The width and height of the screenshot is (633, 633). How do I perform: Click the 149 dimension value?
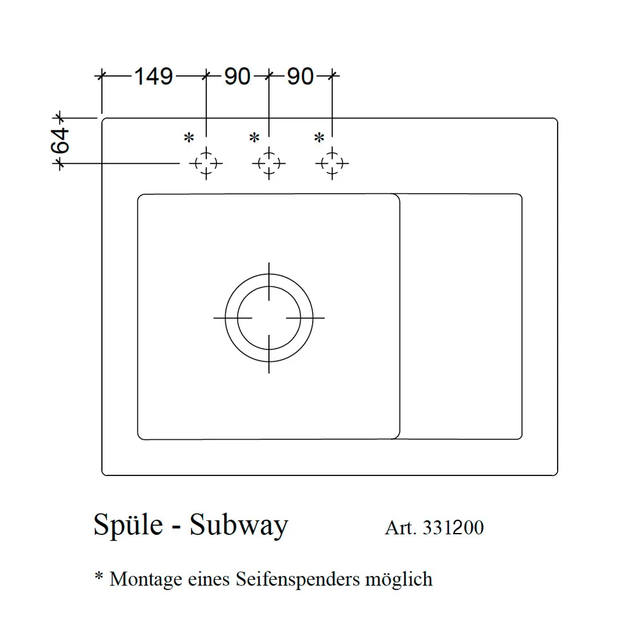[153, 77]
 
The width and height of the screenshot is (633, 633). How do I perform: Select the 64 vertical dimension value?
[60, 141]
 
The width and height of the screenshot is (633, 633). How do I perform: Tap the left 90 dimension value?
[237, 77]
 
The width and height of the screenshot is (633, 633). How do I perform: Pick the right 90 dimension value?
[300, 77]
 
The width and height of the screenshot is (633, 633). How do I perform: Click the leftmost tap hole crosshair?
[206, 163]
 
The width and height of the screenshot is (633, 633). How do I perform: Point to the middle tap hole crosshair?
[269, 163]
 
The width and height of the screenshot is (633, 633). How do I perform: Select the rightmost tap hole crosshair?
[332, 163]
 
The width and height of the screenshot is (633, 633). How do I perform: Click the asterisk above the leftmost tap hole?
[189, 137]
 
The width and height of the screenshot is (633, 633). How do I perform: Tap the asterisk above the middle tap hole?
[254, 137]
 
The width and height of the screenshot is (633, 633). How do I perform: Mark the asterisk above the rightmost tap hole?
[319, 137]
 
